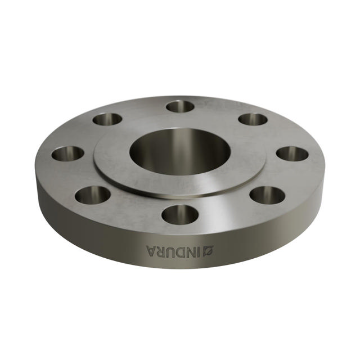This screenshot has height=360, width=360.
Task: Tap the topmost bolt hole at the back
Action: pos(180,106)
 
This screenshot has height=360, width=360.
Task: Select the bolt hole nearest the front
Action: pos(179,214)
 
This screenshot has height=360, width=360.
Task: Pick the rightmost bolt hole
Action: pos(292,153)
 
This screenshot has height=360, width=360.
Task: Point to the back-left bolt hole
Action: pos(107,119)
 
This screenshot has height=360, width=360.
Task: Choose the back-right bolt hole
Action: pos(253,119)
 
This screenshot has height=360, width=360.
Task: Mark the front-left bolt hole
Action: pos(93,195)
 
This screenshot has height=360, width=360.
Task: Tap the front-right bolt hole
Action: pos(267,195)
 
